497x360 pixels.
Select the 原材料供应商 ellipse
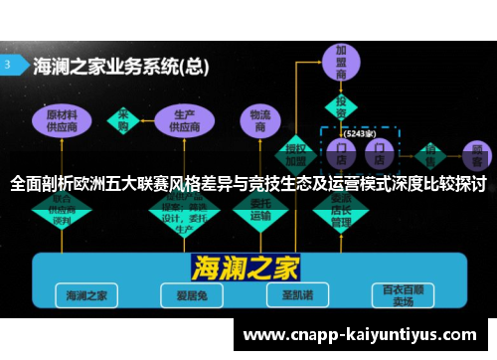coord(70,120)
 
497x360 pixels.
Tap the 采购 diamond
coord(124,120)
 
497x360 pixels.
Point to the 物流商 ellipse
coord(259,120)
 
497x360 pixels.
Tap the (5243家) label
coord(359,132)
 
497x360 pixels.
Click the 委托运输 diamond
coord(260,208)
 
